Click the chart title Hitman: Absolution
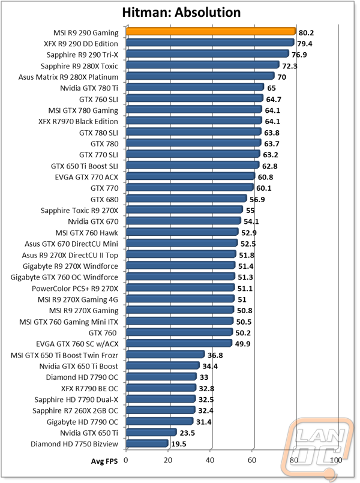coord(181,12)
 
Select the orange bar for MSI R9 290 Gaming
coord(211,32)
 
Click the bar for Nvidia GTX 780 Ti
coord(194,88)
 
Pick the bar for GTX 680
coord(186,199)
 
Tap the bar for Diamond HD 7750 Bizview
coord(147,443)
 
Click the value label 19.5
coord(179,444)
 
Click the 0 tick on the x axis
coord(126,460)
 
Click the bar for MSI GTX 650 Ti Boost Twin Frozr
coord(165,355)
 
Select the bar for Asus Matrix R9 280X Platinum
coord(200,77)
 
